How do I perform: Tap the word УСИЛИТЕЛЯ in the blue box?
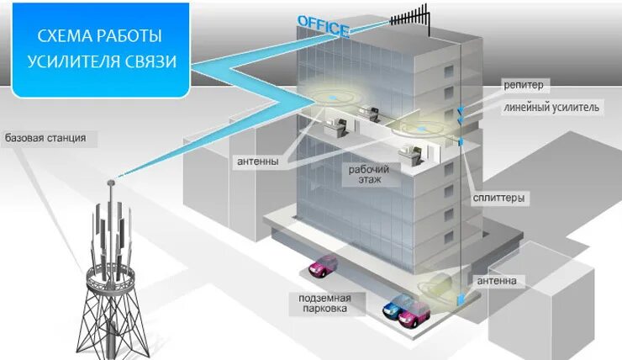(x=78, y=61)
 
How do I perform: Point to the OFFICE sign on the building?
(x=324, y=26)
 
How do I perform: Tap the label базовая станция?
(x=45, y=137)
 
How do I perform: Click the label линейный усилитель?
(x=551, y=108)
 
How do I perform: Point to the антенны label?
(x=259, y=161)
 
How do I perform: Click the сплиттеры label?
(x=498, y=198)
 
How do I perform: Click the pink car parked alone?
(x=322, y=268)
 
